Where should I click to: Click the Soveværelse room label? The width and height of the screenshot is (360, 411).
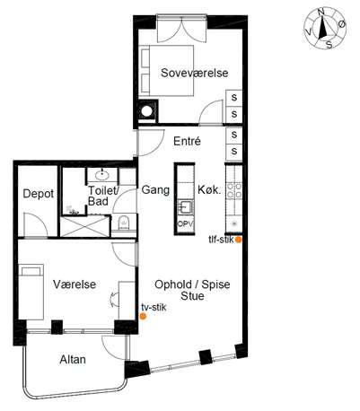pyautogui.click(x=195, y=73)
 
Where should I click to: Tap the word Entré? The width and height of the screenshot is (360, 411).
pyautogui.click(x=187, y=141)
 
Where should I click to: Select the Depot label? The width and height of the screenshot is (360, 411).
pyautogui.click(x=39, y=194)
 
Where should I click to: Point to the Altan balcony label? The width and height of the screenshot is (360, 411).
pyautogui.click(x=73, y=359)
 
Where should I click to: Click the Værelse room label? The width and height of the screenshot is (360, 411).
pyautogui.click(x=75, y=284)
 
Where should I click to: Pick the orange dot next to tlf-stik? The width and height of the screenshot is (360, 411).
pyautogui.click(x=238, y=240)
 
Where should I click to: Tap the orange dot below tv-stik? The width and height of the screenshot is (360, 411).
pyautogui.click(x=144, y=316)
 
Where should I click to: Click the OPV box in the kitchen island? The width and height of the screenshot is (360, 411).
pyautogui.click(x=185, y=223)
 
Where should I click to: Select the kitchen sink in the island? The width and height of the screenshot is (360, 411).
pyautogui.click(x=185, y=207)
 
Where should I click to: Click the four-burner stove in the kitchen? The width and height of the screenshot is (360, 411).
pyautogui.click(x=234, y=190)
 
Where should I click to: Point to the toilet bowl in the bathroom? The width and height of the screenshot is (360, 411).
pyautogui.click(x=124, y=222)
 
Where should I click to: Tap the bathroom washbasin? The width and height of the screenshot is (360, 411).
pyautogui.click(x=102, y=174)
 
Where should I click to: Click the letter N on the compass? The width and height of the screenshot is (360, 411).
pyautogui.click(x=321, y=13)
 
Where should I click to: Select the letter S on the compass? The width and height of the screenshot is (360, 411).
pyautogui.click(x=329, y=45)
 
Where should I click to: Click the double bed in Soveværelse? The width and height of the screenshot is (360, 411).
pyautogui.click(x=167, y=71)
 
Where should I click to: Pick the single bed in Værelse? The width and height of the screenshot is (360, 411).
pyautogui.click(x=31, y=292)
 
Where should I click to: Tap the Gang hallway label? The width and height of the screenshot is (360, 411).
pyautogui.click(x=155, y=189)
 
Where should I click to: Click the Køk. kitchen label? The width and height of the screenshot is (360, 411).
pyautogui.click(x=209, y=189)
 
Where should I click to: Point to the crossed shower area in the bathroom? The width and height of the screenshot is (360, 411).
pyautogui.click(x=84, y=226)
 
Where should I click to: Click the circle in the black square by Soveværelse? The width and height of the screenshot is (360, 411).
pyautogui.click(x=147, y=111)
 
